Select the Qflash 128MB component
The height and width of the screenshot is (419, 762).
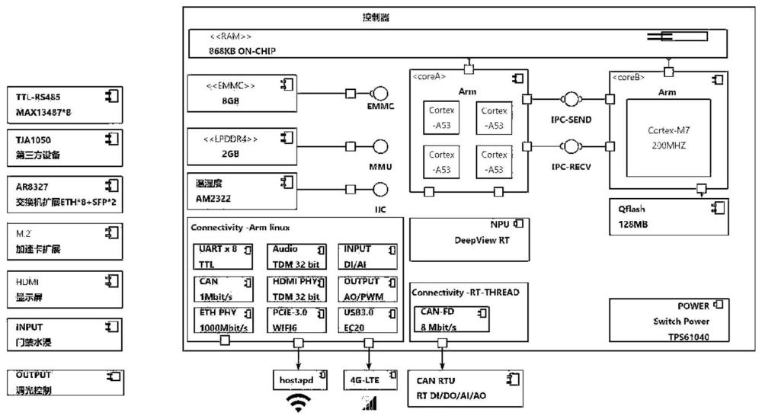coord(668,217)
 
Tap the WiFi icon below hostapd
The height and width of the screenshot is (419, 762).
coord(297,404)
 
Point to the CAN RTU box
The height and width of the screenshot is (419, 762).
coord(466,387)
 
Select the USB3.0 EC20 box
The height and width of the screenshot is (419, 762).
coord(367,319)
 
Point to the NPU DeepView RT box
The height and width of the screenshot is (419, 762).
coord(468,233)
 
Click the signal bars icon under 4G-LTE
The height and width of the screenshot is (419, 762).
coord(370,403)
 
